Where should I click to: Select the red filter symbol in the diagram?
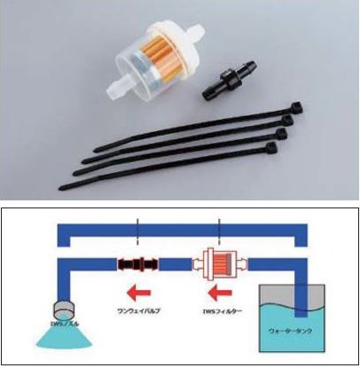[x=216, y=264]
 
